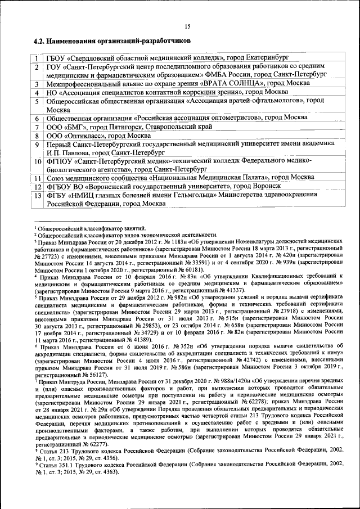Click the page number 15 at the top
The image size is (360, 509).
pyautogui.click(x=187, y=26)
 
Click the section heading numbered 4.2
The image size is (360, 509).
pyautogui.click(x=111, y=42)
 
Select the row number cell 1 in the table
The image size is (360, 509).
pyautogui.click(x=37, y=58)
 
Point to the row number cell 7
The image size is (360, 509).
pyautogui.click(x=37, y=127)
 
